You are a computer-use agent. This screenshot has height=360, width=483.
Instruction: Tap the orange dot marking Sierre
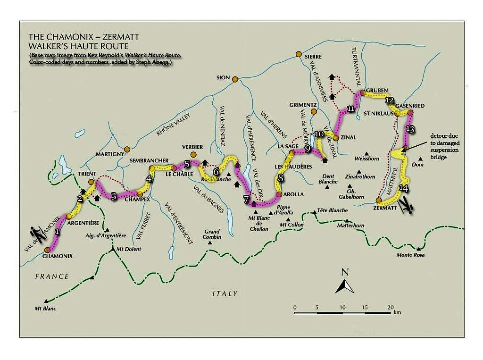point(298,54)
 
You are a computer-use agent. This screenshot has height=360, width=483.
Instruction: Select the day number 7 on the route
point(247,198)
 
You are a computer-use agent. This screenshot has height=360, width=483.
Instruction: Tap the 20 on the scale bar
point(390,307)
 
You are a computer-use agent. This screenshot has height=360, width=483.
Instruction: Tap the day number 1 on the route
point(57,232)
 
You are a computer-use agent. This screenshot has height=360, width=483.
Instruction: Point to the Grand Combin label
point(212,234)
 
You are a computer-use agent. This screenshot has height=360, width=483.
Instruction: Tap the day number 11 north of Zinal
point(350,109)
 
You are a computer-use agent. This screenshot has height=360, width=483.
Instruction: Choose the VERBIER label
point(192,146)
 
